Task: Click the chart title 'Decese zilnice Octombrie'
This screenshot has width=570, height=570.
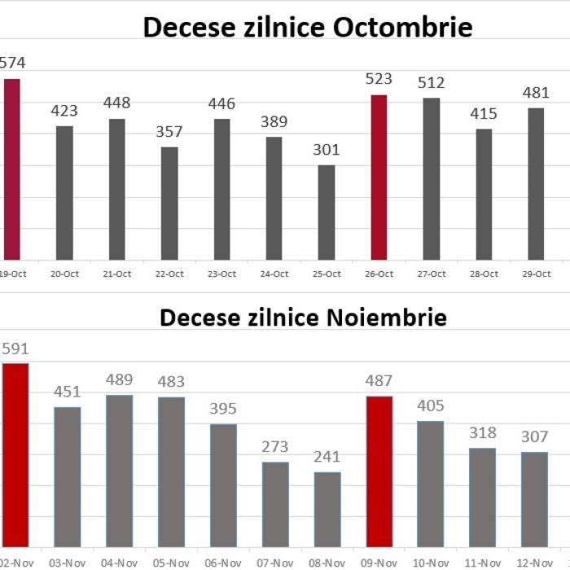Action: click(x=308, y=27)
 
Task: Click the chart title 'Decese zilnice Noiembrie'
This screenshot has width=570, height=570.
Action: click(x=303, y=317)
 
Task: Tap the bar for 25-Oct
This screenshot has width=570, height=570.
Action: click(x=327, y=213)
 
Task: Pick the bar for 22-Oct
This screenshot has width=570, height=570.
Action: click(x=169, y=204)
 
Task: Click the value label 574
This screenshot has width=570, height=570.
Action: click(x=12, y=63)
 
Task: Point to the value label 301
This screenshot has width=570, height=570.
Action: click(x=327, y=150)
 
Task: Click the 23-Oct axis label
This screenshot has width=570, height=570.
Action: click(x=221, y=274)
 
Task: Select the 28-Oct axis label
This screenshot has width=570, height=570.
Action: click(x=484, y=274)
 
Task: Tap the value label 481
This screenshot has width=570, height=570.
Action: click(x=536, y=92)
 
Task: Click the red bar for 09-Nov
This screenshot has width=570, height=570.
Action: click(x=379, y=471)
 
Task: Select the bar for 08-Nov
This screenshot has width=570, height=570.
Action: click(x=327, y=509)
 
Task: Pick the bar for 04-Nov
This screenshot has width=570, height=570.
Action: click(x=119, y=471)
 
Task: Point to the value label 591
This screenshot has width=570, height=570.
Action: click(x=15, y=349)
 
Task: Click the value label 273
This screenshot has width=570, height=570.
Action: click(x=275, y=446)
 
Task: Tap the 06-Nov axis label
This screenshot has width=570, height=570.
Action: click(x=222, y=563)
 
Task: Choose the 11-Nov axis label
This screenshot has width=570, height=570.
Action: click(x=483, y=563)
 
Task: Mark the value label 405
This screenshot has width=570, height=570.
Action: click(x=432, y=406)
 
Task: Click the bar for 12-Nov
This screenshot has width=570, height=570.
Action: click(x=535, y=498)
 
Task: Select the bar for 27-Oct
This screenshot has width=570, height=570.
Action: click(x=432, y=179)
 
